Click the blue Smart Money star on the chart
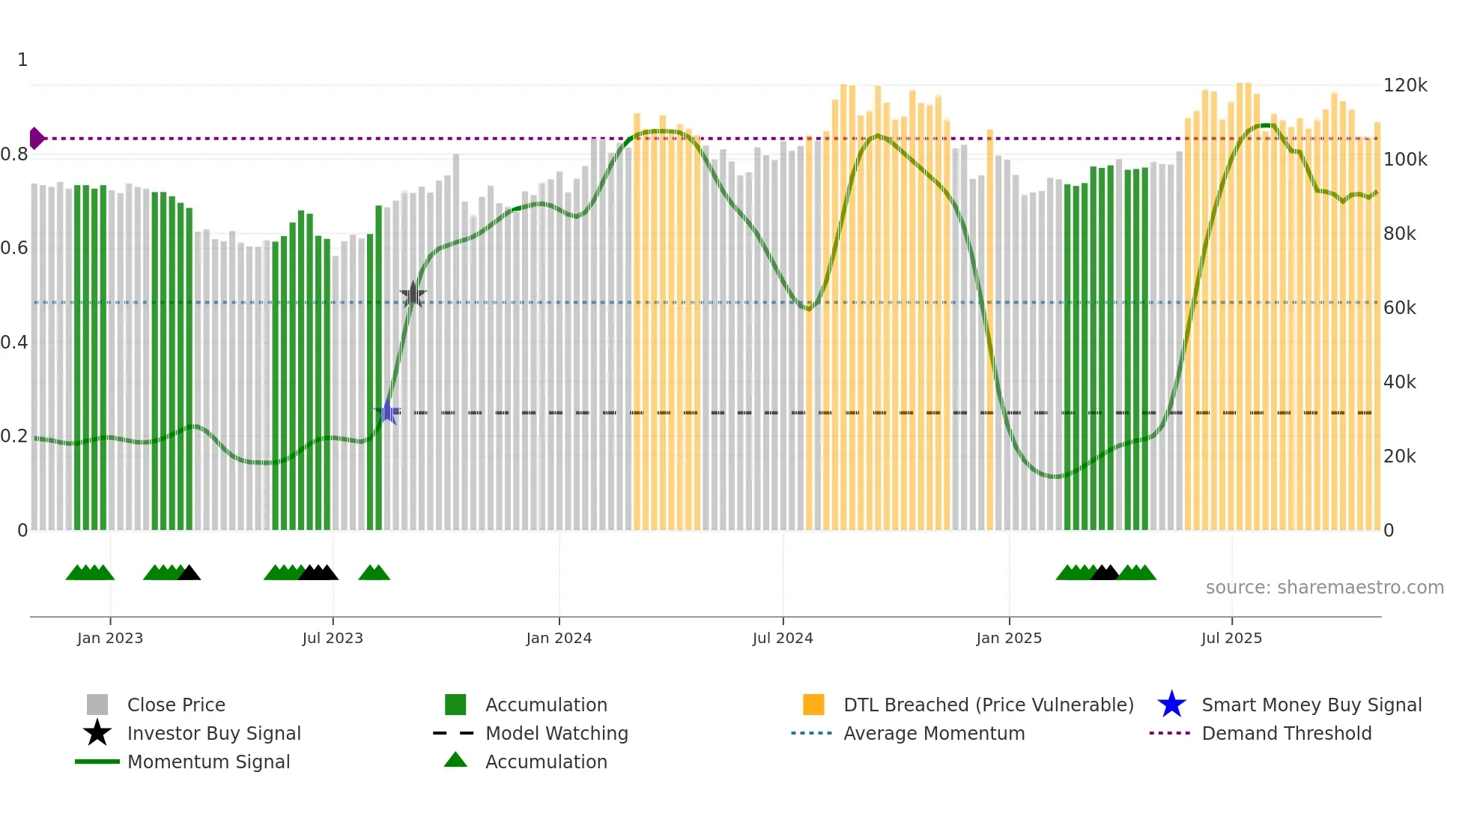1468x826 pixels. point(388,412)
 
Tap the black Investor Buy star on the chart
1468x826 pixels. point(413,295)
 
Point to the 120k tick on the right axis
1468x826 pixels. point(1405,85)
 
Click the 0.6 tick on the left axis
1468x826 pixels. point(15,248)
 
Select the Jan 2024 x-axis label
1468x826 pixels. point(559,638)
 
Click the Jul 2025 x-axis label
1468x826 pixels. point(1231,638)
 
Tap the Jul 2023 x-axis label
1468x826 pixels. point(333,638)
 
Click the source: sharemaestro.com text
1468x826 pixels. point(1324,588)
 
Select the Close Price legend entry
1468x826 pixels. point(176,705)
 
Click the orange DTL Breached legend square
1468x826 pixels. point(813,705)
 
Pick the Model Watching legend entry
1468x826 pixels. point(556,733)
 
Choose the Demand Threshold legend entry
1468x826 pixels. point(1286,733)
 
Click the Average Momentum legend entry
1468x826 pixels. point(933,733)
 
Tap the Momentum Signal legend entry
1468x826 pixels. point(208,762)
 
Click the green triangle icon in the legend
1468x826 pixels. point(455,761)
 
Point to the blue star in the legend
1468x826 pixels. point(1171,705)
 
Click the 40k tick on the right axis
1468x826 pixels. point(1399,382)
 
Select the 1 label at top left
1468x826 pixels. point(22,60)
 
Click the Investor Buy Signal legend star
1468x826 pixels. point(97,733)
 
